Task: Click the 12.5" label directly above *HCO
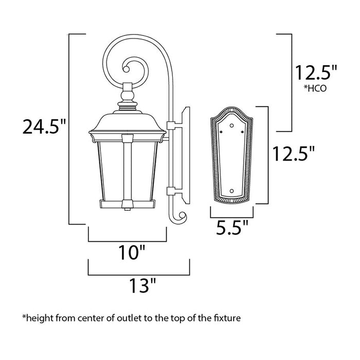[316, 72]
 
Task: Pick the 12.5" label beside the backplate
[293, 153]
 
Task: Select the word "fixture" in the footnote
[226, 319]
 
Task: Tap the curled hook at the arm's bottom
[177, 218]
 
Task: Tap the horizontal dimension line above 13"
[139, 273]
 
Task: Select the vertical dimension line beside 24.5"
[69, 129]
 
